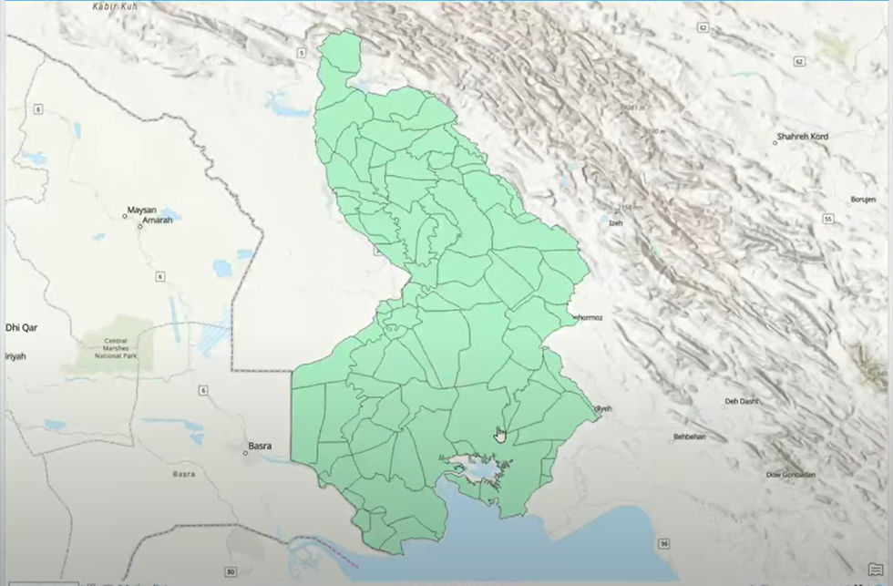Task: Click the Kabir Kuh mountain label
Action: (x=116, y=5)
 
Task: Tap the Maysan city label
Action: (x=141, y=210)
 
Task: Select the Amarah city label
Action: (x=158, y=221)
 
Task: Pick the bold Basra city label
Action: (x=261, y=447)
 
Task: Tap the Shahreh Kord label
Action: (x=802, y=138)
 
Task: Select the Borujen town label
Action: (x=862, y=200)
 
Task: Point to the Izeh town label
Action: (x=617, y=221)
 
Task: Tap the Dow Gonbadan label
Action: (x=790, y=475)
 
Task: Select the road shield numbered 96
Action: (x=664, y=543)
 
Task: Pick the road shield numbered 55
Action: (x=827, y=220)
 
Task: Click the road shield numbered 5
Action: (x=301, y=53)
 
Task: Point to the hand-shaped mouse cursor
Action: (x=499, y=436)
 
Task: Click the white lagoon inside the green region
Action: (x=472, y=468)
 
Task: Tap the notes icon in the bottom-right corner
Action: (x=875, y=571)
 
